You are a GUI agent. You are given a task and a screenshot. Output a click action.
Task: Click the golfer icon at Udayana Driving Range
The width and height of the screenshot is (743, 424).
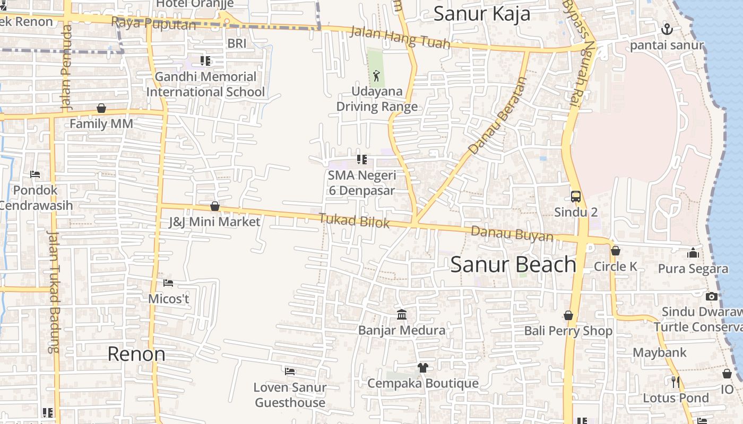[376, 76]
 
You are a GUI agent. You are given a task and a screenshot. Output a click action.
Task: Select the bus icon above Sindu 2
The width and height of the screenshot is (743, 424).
[576, 197]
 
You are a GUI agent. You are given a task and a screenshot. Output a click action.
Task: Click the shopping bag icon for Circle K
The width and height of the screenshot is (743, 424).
[616, 251]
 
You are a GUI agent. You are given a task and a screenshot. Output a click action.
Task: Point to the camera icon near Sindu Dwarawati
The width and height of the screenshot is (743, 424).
[712, 296]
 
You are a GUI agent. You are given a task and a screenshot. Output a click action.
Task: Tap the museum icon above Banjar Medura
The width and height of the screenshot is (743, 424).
[402, 315]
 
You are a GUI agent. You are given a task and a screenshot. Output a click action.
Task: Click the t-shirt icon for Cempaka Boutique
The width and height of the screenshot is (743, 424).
[422, 367]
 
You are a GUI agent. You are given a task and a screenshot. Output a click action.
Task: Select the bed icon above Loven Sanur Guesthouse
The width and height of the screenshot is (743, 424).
[290, 371]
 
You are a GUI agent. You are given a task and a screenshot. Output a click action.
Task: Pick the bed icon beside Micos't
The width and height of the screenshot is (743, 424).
[168, 282]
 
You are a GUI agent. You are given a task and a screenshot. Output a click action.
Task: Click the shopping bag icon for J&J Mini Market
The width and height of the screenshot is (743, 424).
[215, 206]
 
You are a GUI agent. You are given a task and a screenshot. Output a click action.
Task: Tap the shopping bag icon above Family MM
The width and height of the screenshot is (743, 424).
[101, 109]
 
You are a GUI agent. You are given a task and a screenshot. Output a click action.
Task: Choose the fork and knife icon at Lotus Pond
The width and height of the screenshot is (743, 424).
[676, 382]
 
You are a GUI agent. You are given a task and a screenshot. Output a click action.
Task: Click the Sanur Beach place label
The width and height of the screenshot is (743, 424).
[513, 264]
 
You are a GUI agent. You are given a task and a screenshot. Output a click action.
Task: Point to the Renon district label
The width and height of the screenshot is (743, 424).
[136, 354]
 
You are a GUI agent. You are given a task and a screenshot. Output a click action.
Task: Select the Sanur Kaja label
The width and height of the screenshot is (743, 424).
[482, 14]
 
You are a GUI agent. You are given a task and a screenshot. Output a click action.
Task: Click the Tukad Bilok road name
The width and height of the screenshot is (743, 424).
[355, 220]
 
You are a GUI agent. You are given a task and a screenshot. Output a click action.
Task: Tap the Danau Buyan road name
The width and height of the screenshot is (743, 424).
[512, 233]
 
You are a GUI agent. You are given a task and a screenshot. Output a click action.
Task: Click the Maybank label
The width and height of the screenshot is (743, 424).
[660, 352]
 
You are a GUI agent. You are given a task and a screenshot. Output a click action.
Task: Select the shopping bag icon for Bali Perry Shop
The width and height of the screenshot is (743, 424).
[568, 316]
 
